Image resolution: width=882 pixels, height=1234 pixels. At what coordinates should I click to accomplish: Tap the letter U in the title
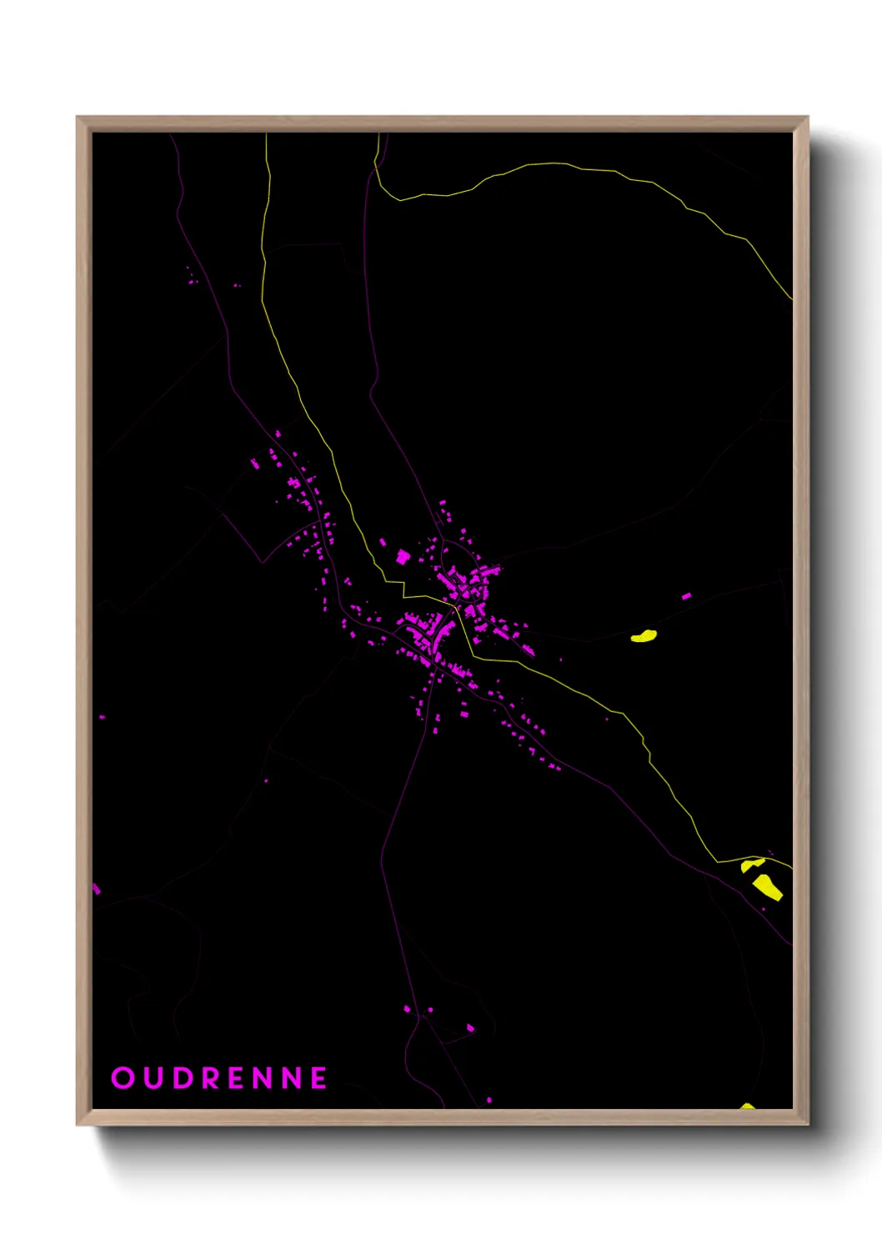[x=152, y=1078]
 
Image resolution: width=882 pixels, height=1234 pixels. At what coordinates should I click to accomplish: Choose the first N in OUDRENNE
[x=265, y=1078]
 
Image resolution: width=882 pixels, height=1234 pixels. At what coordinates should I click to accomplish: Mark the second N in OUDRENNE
[x=293, y=1078]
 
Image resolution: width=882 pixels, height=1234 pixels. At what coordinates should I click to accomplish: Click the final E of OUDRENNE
[x=319, y=1078]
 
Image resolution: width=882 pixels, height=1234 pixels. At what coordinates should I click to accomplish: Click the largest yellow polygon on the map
[x=768, y=886]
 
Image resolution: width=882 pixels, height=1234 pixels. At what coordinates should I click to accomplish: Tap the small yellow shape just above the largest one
[x=752, y=865]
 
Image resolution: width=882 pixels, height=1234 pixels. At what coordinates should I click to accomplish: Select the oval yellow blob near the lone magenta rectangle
[x=644, y=637]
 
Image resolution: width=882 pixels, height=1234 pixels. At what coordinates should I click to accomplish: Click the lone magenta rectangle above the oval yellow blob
[x=686, y=596]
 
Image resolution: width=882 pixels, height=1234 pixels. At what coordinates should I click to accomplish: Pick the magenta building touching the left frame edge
[x=96, y=889]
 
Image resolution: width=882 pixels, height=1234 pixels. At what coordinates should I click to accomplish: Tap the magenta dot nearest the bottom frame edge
[x=489, y=1100]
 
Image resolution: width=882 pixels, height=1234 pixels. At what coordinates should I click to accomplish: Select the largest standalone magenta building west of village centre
[x=403, y=556]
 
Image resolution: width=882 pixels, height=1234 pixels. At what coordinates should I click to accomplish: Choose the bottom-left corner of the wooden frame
[x=78, y=1124]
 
